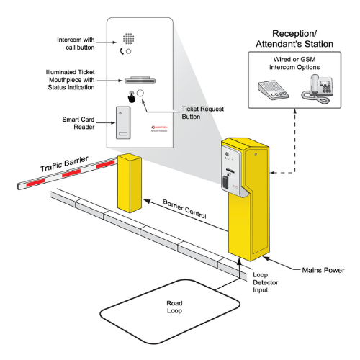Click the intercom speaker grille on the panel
pos(129,37)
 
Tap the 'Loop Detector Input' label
pos(265,284)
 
